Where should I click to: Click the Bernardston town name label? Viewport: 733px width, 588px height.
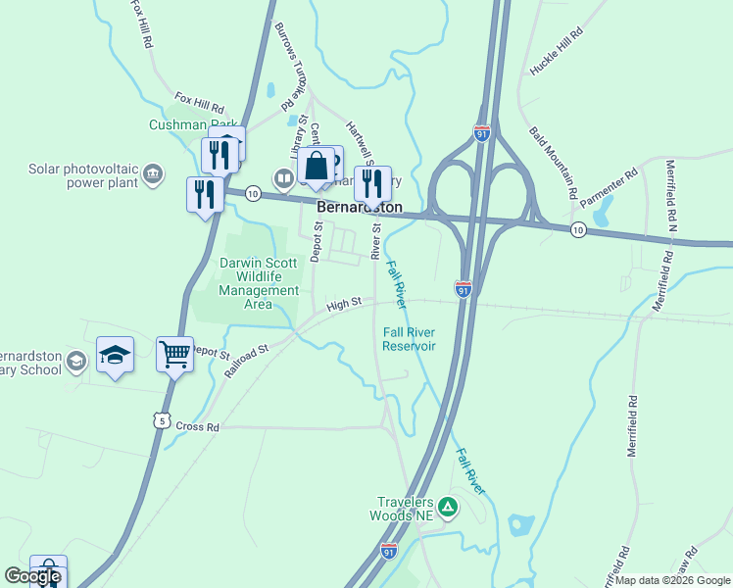[x=360, y=208]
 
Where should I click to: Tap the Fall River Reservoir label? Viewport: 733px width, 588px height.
[x=409, y=339]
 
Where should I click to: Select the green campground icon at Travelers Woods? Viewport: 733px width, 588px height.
[x=447, y=507]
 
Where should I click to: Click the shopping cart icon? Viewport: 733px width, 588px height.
[x=174, y=353]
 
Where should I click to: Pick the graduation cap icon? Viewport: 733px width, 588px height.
[x=115, y=353]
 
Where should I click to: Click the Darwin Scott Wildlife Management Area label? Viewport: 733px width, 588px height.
[x=259, y=283]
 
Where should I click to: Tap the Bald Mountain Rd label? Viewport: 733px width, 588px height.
[x=554, y=163]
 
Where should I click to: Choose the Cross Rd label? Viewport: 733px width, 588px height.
[x=199, y=427]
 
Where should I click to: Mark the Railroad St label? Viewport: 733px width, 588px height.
[x=246, y=361]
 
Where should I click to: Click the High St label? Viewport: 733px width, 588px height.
[x=344, y=305]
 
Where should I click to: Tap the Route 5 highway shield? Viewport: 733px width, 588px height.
[x=160, y=420]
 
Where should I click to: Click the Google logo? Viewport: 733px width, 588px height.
[x=32, y=576]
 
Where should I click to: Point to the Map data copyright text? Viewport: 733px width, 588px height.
[x=672, y=580]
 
